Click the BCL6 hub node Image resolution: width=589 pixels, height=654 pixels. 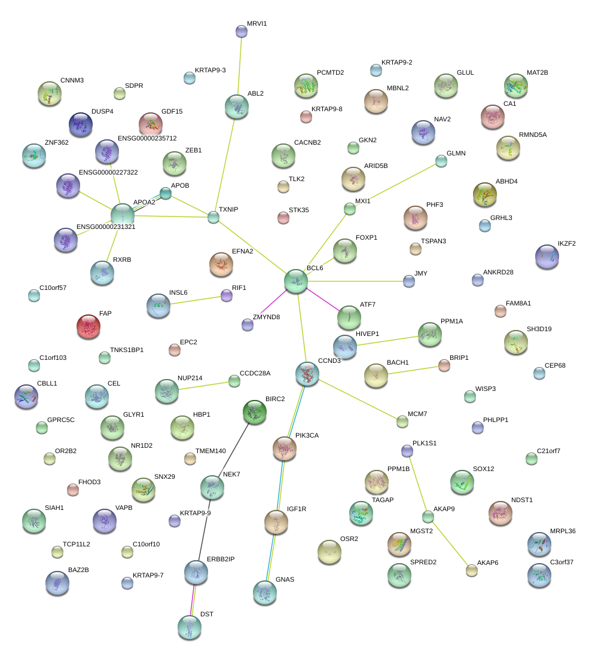(x=296, y=280)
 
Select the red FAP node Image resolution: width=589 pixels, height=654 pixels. (x=88, y=326)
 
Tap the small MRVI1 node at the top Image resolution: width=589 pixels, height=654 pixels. (x=242, y=30)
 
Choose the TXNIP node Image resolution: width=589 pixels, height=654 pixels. (x=213, y=217)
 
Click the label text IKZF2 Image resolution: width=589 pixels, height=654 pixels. (x=567, y=243)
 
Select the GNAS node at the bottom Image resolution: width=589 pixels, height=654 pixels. (x=264, y=592)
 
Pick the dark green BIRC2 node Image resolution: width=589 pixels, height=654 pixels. (x=255, y=411)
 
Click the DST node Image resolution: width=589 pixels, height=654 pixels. (x=190, y=627)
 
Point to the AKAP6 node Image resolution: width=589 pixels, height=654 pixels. (x=472, y=570)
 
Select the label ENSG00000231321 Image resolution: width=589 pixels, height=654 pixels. (x=106, y=227)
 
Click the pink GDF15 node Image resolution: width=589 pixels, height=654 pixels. (x=151, y=124)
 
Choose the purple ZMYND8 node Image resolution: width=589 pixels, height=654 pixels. (x=248, y=325)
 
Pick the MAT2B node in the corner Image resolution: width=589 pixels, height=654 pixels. (x=516, y=85)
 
